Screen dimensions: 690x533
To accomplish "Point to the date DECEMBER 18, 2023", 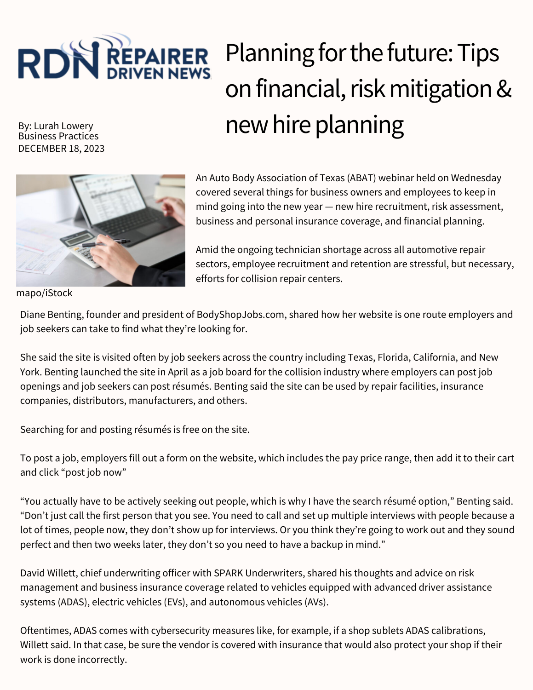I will click(x=61, y=148).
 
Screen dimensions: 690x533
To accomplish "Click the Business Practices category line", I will click(x=58, y=136).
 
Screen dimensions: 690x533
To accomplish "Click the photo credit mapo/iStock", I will click(x=44, y=293).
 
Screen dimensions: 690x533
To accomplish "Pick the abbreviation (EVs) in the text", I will click(x=175, y=602).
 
